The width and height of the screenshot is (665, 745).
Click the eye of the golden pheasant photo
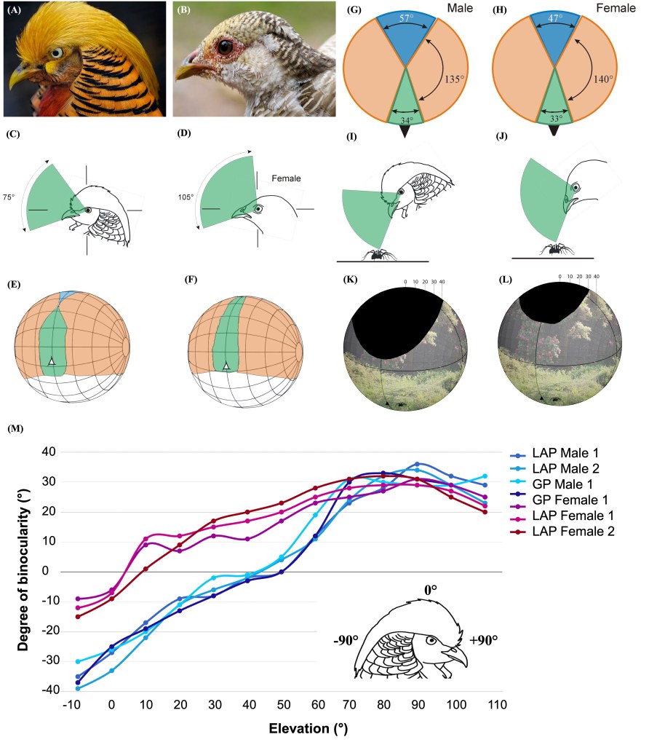coord(56,55)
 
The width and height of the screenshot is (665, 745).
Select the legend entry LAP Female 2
coord(573,532)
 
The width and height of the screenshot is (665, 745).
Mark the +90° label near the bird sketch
coord(485,641)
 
